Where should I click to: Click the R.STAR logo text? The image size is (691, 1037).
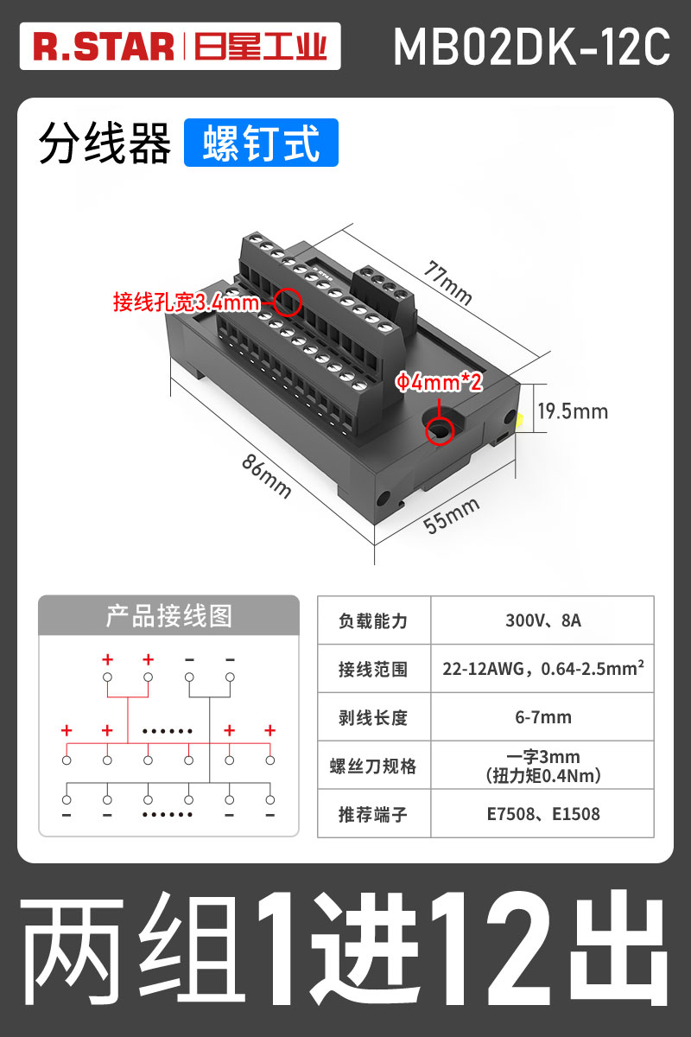click(x=104, y=47)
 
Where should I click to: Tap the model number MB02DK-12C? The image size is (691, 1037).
click(x=531, y=47)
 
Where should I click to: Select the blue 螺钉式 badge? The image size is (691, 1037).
click(x=261, y=143)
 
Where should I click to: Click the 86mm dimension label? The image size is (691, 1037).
click(x=266, y=475)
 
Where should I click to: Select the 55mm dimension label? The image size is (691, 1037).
click(x=451, y=518)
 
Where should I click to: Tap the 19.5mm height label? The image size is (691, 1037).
click(x=573, y=411)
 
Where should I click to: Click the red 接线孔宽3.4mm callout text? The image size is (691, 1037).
click(x=186, y=302)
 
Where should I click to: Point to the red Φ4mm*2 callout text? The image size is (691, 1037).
click(x=439, y=382)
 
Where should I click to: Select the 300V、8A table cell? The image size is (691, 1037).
click(x=542, y=620)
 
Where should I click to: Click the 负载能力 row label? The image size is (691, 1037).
click(x=373, y=620)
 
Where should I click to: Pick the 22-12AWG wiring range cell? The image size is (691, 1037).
click(x=542, y=669)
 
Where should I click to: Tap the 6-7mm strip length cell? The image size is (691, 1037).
click(x=542, y=717)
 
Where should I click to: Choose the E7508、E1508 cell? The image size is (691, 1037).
click(x=542, y=814)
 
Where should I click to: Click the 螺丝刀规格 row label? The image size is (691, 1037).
click(x=373, y=767)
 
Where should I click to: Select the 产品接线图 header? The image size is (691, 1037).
click(x=168, y=615)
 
